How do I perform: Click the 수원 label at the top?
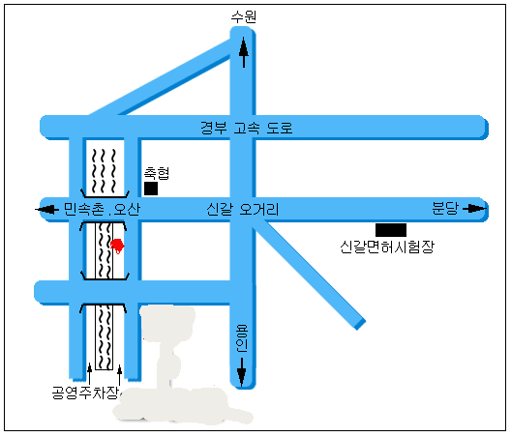[x=244, y=16]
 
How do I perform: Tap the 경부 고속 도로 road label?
[x=247, y=128]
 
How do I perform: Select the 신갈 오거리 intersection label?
[x=243, y=209]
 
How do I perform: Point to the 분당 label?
[x=445, y=209]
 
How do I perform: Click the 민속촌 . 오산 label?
[x=102, y=209]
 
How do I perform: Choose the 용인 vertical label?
[x=242, y=338]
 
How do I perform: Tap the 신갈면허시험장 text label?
[x=387, y=247]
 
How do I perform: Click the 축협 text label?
[x=157, y=173]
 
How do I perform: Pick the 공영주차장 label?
[x=85, y=393]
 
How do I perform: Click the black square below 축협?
[x=151, y=189]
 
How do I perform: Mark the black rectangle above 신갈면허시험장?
[x=391, y=230]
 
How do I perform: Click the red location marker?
[x=117, y=246]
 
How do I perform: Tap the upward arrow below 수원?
[x=244, y=52]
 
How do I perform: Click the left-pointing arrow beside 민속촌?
[x=47, y=209]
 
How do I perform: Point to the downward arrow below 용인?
[x=242, y=372]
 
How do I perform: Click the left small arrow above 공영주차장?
[x=89, y=374]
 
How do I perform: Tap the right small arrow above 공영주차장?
[x=120, y=375]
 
